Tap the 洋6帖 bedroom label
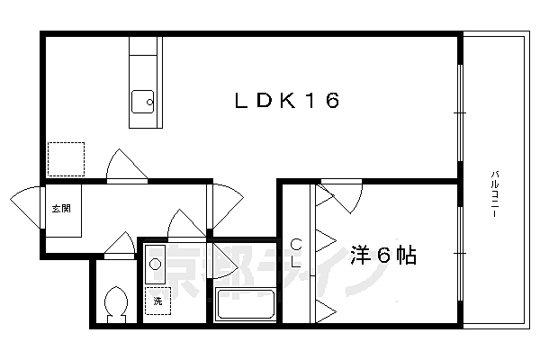[382, 256]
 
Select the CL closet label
[296, 254]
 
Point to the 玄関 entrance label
[60, 209]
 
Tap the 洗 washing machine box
[157, 300]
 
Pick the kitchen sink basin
[143, 103]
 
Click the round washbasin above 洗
[155, 265]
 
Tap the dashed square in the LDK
[66, 160]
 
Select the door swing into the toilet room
[118, 244]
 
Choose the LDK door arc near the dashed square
[125, 166]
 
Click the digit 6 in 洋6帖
[382, 256]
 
